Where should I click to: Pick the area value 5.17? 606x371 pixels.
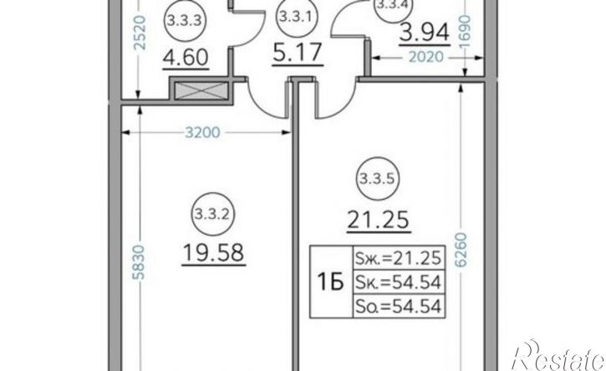(298, 53)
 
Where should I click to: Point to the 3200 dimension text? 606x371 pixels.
(202, 133)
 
